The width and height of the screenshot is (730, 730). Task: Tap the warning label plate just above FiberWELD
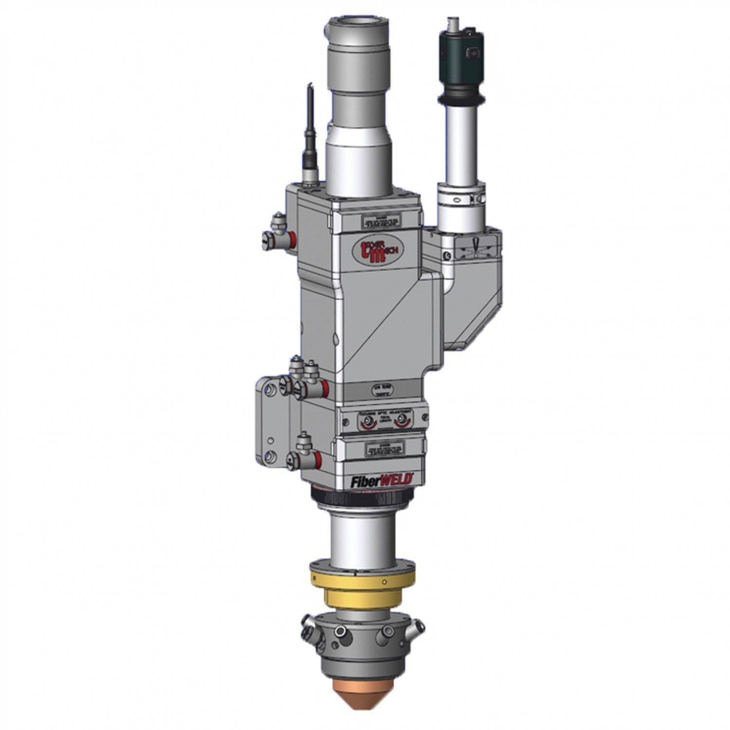(x=383, y=449)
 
